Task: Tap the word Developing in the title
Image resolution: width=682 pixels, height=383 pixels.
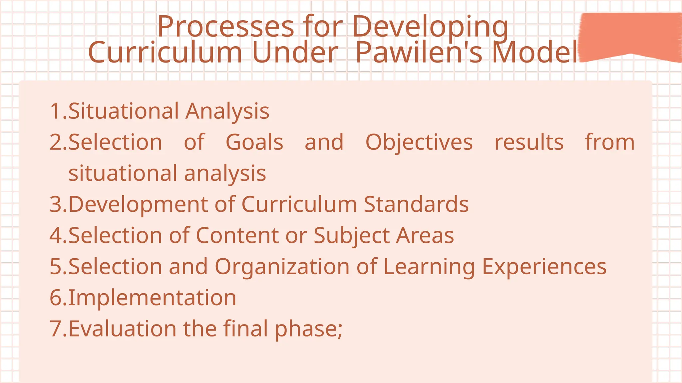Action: tap(430, 27)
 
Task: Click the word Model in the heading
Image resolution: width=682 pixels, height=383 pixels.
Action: tap(535, 52)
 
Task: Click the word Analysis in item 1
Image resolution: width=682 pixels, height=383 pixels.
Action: tap(227, 112)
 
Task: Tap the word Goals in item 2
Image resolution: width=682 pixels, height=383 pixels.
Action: tap(254, 142)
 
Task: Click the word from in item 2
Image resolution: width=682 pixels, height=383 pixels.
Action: tap(610, 142)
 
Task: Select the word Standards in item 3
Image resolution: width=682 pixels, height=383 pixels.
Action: tap(416, 204)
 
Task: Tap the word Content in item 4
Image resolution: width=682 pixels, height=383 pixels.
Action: tap(237, 235)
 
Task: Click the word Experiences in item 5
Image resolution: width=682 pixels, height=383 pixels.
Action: tap(544, 267)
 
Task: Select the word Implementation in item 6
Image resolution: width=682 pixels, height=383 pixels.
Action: tap(153, 298)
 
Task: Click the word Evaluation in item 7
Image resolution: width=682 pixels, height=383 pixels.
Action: tap(123, 328)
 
